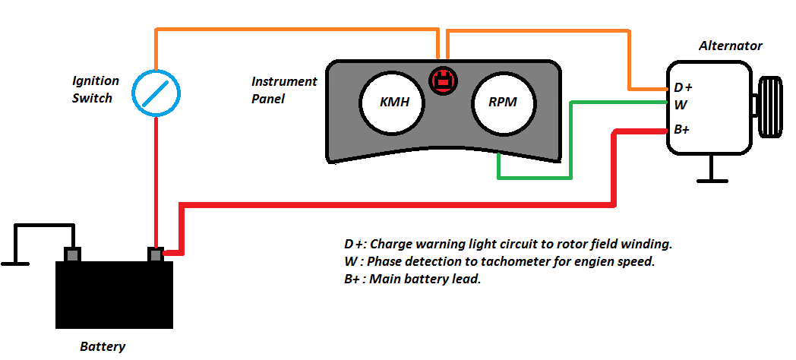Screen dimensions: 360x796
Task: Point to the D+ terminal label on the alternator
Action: [x=683, y=88]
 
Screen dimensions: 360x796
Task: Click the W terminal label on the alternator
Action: [x=681, y=104]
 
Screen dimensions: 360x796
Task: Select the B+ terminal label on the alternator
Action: [x=682, y=129]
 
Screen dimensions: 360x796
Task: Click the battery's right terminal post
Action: [x=156, y=255]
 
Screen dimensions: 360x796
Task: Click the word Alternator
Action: [x=730, y=46]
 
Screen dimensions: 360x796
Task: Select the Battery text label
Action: [x=103, y=346]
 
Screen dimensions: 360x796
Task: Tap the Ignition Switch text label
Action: [x=95, y=89]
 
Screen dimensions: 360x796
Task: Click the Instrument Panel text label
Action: [x=283, y=89]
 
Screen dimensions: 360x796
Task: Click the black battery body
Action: [x=114, y=295]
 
